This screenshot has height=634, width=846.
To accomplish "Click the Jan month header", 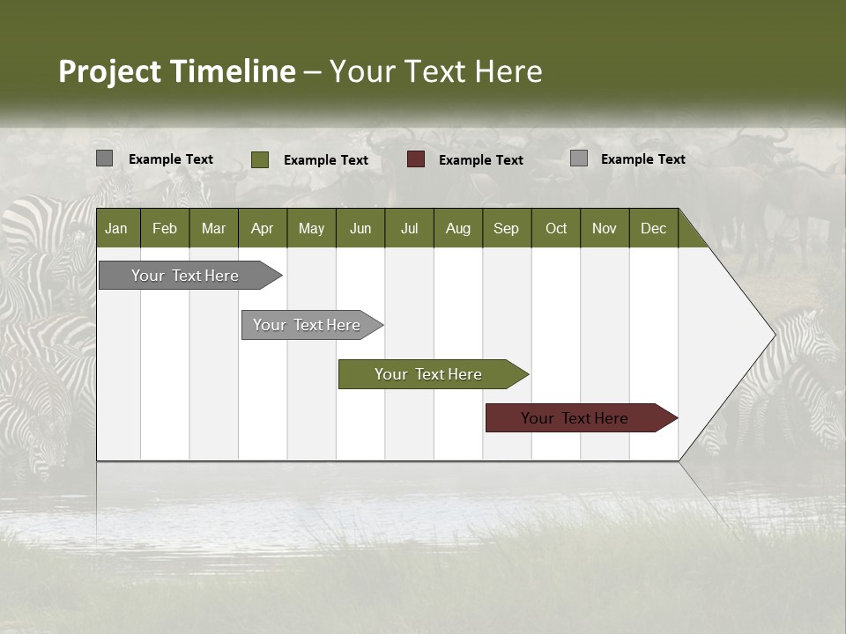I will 117,228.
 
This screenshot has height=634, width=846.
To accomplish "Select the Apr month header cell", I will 263,228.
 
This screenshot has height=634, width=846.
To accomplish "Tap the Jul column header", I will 409,228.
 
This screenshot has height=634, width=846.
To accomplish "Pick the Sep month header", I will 507,228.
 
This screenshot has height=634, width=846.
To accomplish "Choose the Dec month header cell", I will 653,228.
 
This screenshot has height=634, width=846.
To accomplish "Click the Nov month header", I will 605,228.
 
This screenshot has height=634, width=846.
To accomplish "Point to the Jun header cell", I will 360,228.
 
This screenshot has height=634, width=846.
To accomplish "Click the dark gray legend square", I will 104,158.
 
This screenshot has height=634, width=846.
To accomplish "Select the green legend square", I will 259,159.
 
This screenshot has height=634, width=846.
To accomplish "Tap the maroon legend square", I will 416,159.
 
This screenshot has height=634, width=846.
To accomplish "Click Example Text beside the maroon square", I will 480,160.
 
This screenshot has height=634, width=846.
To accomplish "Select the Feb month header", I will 165,228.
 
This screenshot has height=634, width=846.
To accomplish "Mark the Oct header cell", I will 556,228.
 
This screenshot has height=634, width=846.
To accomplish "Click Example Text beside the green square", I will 325,160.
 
